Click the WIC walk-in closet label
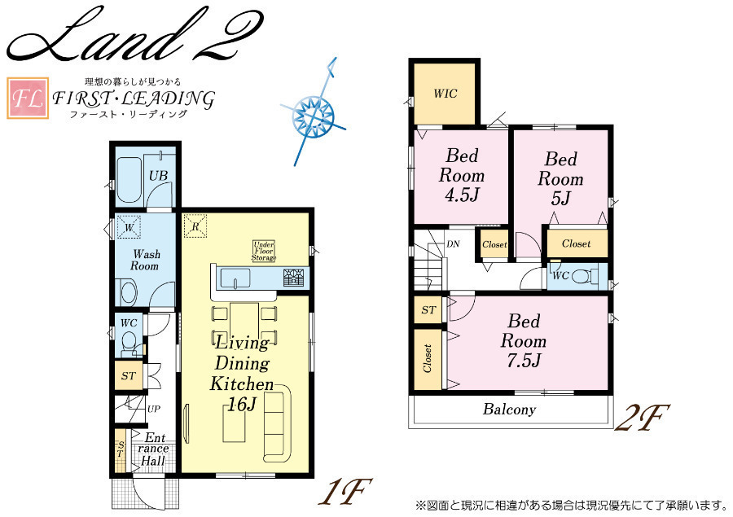click(445, 94)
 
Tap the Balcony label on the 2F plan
click(509, 410)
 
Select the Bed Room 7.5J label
click(524, 341)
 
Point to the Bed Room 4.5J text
click(462, 175)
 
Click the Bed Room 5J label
click(560, 178)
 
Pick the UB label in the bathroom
click(158, 176)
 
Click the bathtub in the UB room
click(130, 179)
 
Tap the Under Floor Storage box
click(264, 251)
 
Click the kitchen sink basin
click(236, 278)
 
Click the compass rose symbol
click(314, 114)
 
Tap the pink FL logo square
click(28, 98)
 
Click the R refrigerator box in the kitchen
click(195, 226)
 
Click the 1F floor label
click(345, 491)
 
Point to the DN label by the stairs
click(453, 244)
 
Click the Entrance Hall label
click(152, 449)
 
